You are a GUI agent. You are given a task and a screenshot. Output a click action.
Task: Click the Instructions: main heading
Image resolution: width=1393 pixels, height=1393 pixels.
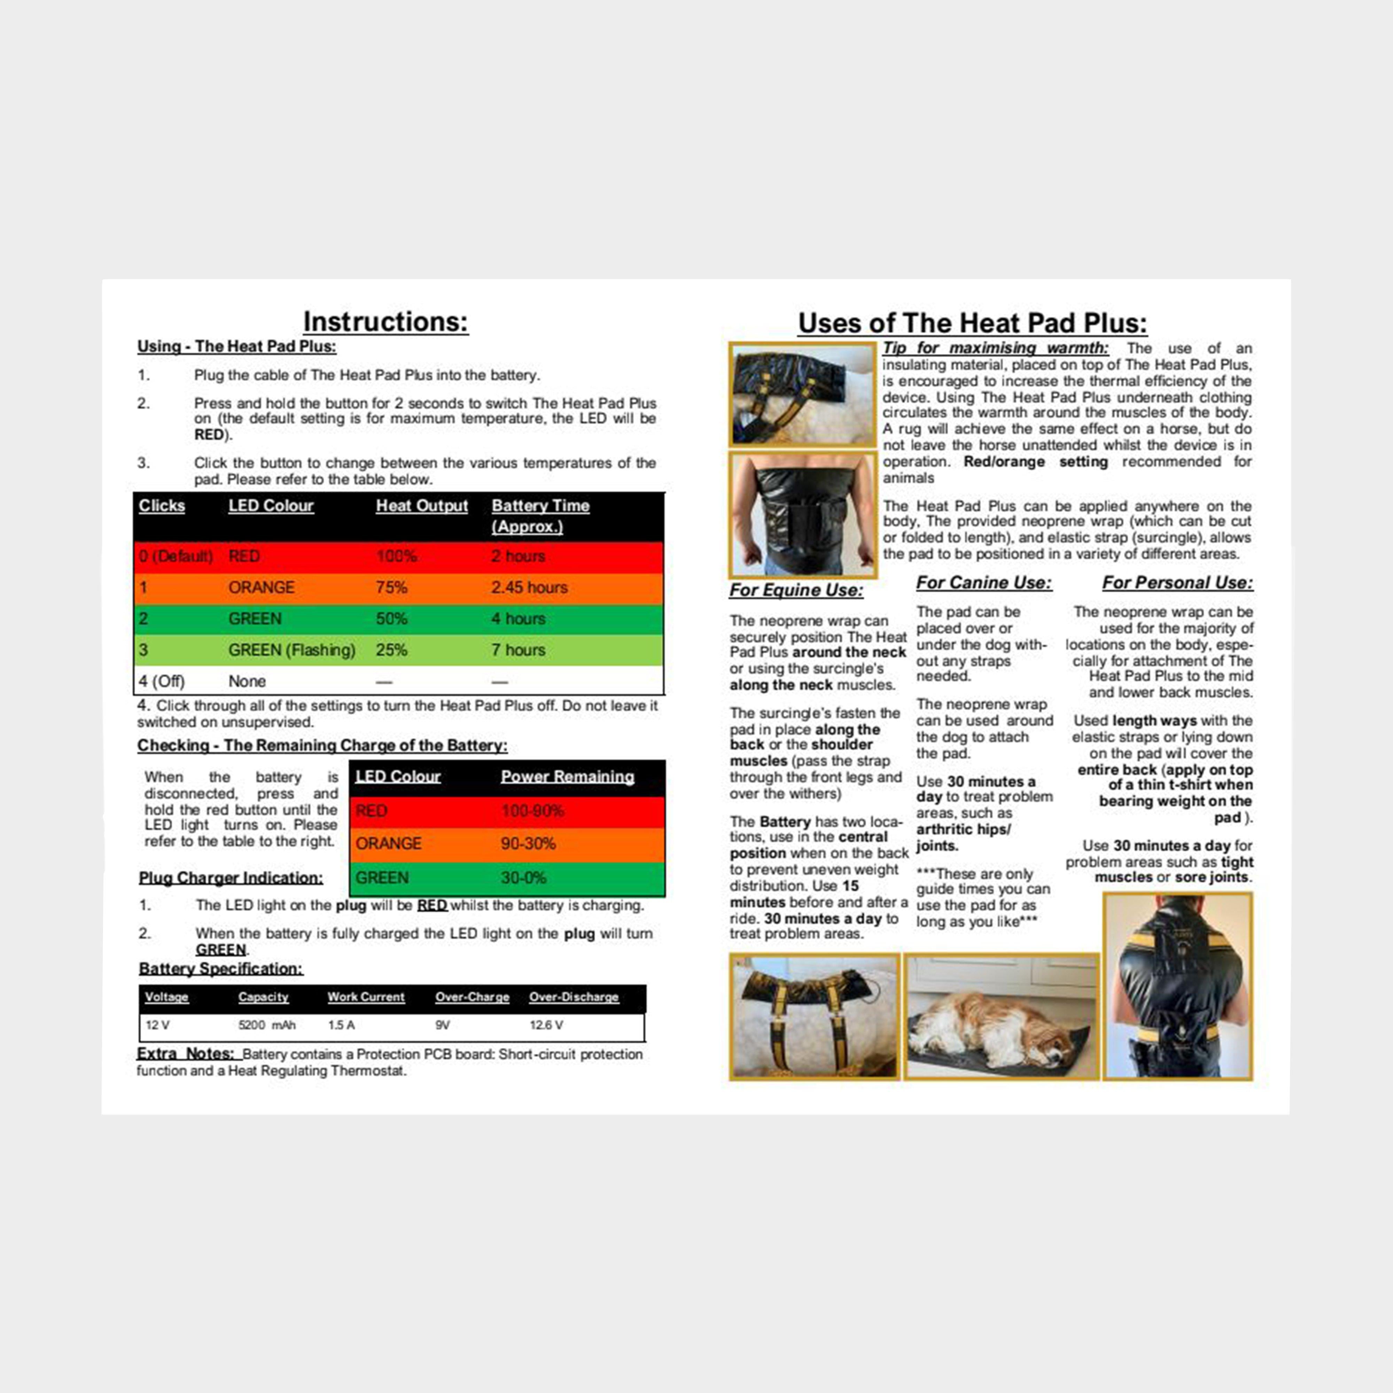[386, 321]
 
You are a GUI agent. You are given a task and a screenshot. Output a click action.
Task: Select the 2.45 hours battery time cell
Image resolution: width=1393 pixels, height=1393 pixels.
[529, 587]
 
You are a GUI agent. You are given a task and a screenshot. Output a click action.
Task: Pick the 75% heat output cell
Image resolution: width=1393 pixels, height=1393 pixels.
[391, 587]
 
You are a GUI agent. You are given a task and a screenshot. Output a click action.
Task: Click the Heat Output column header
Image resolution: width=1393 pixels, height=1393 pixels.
[422, 506]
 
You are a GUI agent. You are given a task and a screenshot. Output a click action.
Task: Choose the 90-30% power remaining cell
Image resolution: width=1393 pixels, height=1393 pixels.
[528, 843]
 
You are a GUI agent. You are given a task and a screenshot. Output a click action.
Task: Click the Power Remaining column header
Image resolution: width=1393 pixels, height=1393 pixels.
[567, 777]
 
